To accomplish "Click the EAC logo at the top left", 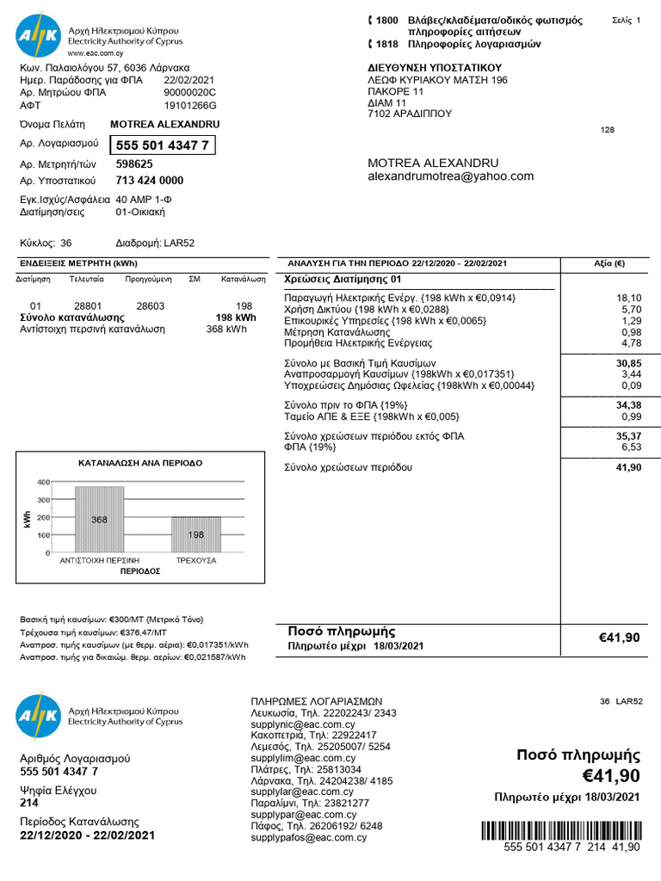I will tap(38, 34).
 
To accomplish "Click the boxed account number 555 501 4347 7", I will tap(162, 145).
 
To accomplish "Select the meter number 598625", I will tap(134, 163).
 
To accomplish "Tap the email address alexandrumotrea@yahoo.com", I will tap(450, 176).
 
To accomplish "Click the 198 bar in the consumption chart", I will tap(196, 534).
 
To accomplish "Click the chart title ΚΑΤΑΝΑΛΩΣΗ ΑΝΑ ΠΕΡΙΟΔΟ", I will tap(140, 463).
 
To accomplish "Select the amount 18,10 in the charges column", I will tap(628, 298).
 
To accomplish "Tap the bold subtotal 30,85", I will tap(628, 364).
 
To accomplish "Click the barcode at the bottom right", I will tap(560, 830).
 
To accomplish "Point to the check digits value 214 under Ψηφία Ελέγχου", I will tap(29, 803).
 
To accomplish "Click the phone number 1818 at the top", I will tap(387, 44).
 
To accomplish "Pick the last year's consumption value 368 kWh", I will tap(226, 329).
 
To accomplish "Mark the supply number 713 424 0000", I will tap(149, 181).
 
